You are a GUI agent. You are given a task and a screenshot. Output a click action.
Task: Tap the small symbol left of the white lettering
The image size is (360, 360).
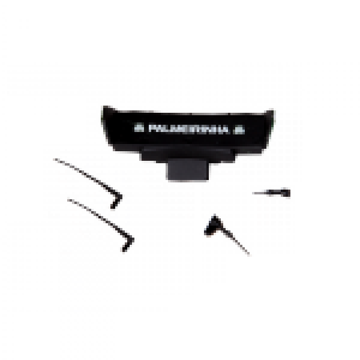click(x=139, y=128)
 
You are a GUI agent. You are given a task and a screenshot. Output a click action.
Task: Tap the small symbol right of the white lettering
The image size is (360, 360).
click(x=239, y=128)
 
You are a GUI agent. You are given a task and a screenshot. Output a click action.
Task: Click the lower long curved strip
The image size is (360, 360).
click(x=96, y=216)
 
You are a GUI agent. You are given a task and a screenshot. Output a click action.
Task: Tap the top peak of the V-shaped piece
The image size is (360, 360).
click(x=212, y=214)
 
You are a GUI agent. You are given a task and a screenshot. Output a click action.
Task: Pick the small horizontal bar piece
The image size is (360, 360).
click(x=271, y=193)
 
